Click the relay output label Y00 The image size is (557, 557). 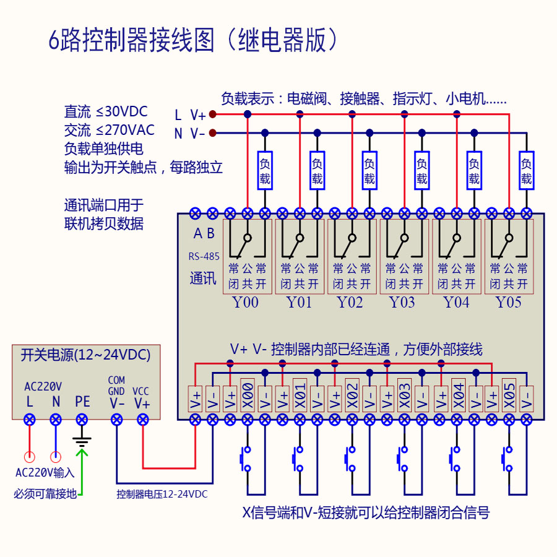pos(246,303)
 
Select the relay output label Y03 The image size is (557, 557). pos(402,303)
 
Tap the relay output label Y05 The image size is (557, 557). pos(508,303)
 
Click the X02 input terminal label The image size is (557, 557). pos(352,394)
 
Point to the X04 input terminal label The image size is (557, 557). pos(458,394)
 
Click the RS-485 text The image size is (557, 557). pos(204,256)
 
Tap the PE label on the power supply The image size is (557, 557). pos(82,402)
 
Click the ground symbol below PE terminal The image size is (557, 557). pos(82,441)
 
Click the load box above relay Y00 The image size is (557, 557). pos(265,171)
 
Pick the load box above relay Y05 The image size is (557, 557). pos(526,171)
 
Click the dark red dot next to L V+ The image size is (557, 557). pos(212,114)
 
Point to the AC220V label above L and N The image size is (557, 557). pos(43,386)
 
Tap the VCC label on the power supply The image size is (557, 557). pos(141,391)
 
